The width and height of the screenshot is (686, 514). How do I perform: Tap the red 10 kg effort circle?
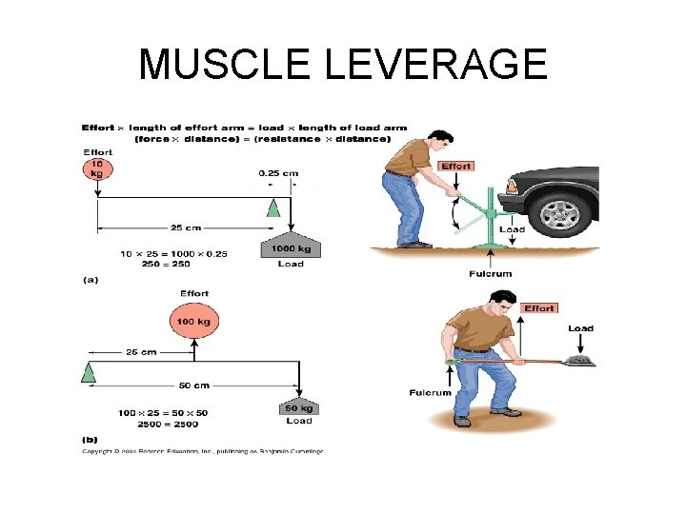[97, 170]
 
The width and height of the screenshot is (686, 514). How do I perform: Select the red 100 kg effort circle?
[193, 321]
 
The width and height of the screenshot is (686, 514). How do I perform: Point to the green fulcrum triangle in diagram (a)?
[273, 209]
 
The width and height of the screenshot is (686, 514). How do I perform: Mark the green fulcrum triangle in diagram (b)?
[89, 371]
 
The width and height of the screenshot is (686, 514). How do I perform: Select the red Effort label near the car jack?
[456, 167]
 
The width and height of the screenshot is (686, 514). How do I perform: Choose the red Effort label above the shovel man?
[539, 308]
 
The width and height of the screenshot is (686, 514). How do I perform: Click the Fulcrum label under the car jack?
[490, 274]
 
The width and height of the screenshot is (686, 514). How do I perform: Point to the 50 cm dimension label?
[193, 385]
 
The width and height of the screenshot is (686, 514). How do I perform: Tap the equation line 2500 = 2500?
[145, 423]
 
